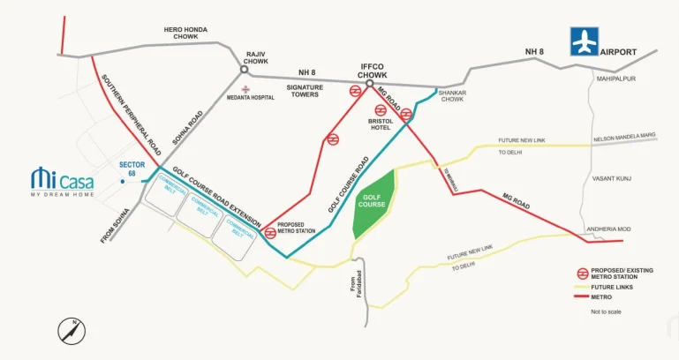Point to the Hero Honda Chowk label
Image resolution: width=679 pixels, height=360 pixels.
click(x=185, y=34)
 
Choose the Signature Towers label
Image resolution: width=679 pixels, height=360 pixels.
click(x=304, y=92)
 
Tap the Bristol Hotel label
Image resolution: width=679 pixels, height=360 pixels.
click(x=381, y=125)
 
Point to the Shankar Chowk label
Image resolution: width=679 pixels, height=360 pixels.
click(x=452, y=96)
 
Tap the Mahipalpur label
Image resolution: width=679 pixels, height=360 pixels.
click(x=615, y=78)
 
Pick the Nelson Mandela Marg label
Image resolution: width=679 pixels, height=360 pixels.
click(x=625, y=136)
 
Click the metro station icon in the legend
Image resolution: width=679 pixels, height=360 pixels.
click(x=583, y=274)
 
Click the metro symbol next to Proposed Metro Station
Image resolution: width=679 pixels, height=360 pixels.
click(x=270, y=234)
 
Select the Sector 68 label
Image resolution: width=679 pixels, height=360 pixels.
click(x=131, y=169)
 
